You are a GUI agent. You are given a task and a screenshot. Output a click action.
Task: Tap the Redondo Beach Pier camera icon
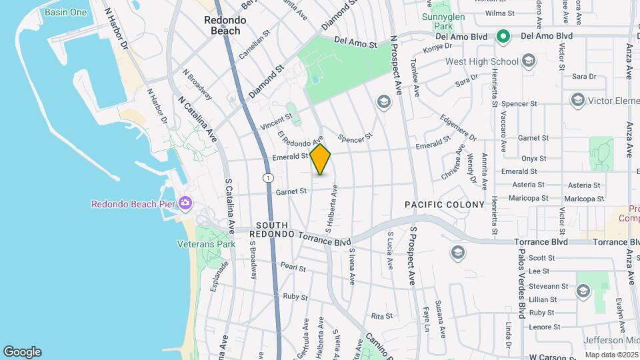(x=186, y=202)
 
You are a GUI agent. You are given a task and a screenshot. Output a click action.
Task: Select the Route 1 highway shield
(x=267, y=178)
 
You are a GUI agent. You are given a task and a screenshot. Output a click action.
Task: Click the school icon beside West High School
(x=528, y=62)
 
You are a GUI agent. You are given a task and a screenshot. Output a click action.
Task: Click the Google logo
(x=22, y=352)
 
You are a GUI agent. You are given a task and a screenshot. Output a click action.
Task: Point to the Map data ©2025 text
(x=611, y=355)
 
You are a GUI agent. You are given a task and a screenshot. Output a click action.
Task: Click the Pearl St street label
(x=293, y=268)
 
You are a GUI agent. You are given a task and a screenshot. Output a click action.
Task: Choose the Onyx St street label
(x=533, y=159)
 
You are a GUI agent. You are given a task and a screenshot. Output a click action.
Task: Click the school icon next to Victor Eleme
(x=577, y=100)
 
